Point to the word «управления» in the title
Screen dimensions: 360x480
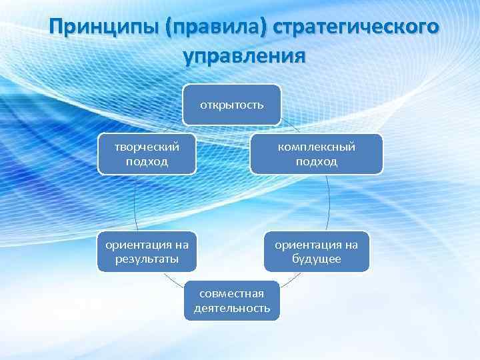point(245,55)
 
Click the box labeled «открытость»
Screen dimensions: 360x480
point(232,105)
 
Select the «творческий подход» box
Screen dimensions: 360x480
point(147,154)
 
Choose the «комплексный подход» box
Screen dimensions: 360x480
point(317,154)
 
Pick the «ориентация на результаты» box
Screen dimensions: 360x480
point(147,252)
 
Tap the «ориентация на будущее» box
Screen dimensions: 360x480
point(317,252)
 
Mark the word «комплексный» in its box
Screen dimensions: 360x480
point(317,147)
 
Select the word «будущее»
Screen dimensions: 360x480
point(317,259)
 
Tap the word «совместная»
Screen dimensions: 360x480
point(232,293)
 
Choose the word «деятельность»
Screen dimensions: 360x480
point(232,308)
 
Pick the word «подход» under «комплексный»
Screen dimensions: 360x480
point(317,161)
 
